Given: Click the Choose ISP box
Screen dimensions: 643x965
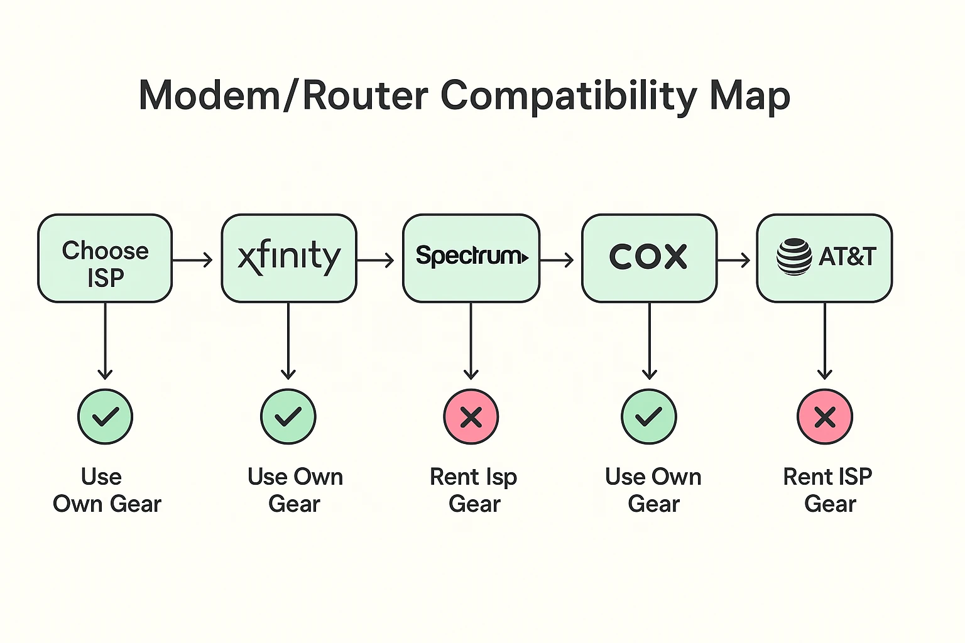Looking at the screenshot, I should pyautogui.click(x=105, y=259).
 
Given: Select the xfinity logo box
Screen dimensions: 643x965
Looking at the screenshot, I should pyautogui.click(x=289, y=258).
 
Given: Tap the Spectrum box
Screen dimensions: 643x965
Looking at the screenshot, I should pyautogui.click(x=471, y=258).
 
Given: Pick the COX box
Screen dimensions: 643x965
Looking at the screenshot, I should pyautogui.click(x=649, y=258).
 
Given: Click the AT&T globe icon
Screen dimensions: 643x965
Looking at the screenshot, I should pyautogui.click(x=794, y=257).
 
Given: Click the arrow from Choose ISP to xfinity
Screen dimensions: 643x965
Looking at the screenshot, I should pyautogui.click(x=193, y=259).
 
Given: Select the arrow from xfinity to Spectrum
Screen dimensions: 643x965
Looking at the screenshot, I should pyautogui.click(x=376, y=259).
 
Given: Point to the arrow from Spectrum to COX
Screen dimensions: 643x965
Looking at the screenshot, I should pyautogui.click(x=557, y=259).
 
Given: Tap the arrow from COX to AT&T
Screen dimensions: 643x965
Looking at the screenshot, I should pyautogui.click(x=734, y=259).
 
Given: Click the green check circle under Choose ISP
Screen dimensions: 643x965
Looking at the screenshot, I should pyautogui.click(x=105, y=417).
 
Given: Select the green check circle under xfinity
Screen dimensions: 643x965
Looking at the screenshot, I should pyautogui.click(x=288, y=417).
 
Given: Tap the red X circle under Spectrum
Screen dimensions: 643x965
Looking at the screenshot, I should pyautogui.click(x=471, y=417).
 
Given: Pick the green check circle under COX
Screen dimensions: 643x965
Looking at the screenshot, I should pyautogui.click(x=649, y=417).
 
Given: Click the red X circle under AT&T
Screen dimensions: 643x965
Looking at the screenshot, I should pyautogui.click(x=825, y=417).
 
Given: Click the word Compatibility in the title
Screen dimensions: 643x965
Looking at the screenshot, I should pyautogui.click(x=569, y=96).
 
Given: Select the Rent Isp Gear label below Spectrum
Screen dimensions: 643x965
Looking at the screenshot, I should pyautogui.click(x=474, y=490).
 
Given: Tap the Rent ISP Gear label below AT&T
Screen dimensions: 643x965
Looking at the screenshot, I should pyautogui.click(x=828, y=490).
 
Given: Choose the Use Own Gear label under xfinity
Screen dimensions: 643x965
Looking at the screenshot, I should pyautogui.click(x=295, y=490).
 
